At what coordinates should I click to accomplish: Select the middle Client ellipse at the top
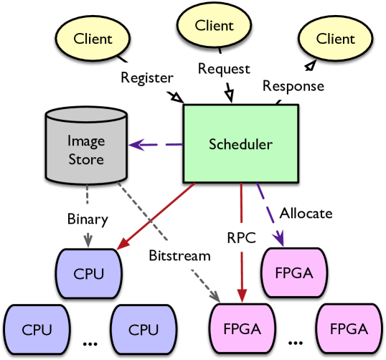pos(215,25)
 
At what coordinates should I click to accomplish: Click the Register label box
pos(146,77)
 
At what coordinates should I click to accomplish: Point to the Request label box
pos(224,68)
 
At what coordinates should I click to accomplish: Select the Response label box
pos(293,86)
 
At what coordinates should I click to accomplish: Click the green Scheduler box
pos(240,143)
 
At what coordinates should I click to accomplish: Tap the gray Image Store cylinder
pos(86,147)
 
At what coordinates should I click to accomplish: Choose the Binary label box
pos(88,218)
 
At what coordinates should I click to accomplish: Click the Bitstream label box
pos(179,255)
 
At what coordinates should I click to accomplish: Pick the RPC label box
pos(241,238)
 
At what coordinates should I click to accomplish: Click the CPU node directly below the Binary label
pos(88,274)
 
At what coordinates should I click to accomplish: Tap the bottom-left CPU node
pos(37,329)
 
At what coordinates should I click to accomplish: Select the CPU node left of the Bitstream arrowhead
pos(143,329)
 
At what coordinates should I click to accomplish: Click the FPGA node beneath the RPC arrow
pos(241,329)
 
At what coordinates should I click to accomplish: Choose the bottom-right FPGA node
pos(349,329)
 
